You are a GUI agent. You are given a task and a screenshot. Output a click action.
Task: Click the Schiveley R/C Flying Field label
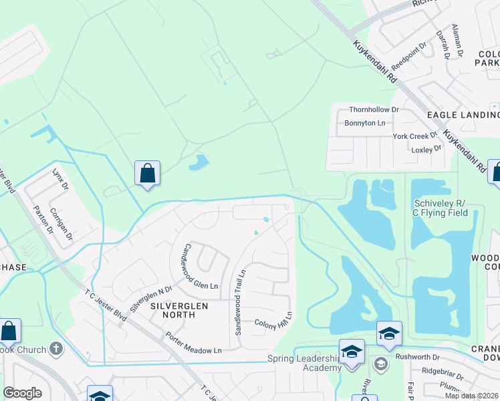(x=445, y=208)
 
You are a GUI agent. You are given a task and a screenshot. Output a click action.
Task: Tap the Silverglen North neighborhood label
(x=179, y=305)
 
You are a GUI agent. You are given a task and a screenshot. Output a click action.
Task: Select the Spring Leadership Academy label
(x=307, y=363)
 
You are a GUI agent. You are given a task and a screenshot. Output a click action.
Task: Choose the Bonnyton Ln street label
(x=365, y=123)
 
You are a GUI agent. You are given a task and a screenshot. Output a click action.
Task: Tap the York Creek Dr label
(x=414, y=136)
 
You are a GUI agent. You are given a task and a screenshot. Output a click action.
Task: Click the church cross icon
(x=56, y=349)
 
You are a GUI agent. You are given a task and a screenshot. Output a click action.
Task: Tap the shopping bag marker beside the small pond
(x=147, y=174)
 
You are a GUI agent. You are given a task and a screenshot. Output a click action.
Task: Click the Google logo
(x=22, y=393)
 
